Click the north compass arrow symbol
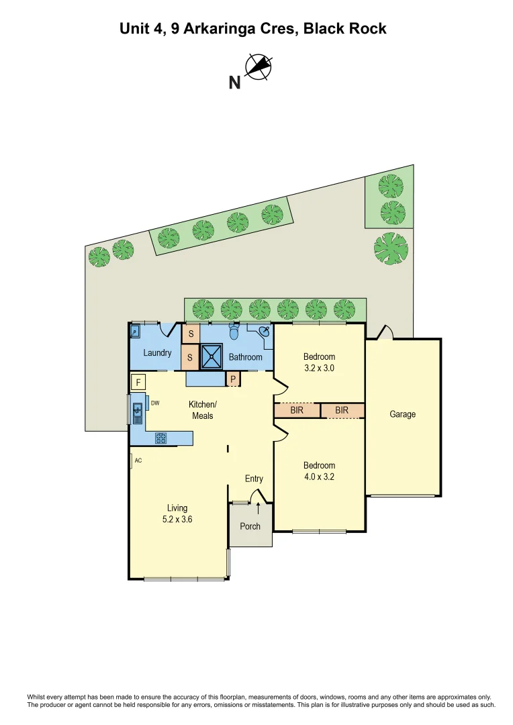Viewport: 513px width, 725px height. (x=258, y=67)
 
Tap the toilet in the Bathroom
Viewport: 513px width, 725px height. (x=234, y=332)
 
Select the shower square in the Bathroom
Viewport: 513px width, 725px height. (x=212, y=356)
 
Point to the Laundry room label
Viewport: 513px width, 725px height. (x=158, y=353)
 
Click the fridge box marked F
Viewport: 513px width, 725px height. (x=138, y=383)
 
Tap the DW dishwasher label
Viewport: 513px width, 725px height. (x=154, y=403)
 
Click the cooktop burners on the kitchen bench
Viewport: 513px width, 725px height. (x=161, y=438)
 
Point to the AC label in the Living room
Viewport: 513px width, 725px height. (x=138, y=461)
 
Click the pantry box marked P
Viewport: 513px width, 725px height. (x=232, y=379)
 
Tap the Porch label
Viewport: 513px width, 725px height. (x=250, y=526)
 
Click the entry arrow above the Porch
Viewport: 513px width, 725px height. (x=259, y=510)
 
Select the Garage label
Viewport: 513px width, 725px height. (x=403, y=414)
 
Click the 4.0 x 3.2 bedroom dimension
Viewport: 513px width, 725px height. (x=319, y=477)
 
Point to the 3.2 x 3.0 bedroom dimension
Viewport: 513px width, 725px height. (x=319, y=368)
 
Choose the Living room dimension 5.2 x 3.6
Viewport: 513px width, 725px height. (x=177, y=519)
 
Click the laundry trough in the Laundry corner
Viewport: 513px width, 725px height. (x=134, y=331)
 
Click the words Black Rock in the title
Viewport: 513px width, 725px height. (x=345, y=28)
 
